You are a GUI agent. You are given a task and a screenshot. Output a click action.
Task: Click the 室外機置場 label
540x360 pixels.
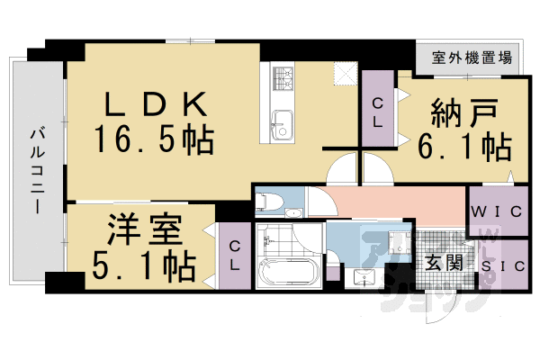coord(472,59)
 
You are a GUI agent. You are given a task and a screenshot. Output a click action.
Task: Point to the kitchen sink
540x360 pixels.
coord(282,123)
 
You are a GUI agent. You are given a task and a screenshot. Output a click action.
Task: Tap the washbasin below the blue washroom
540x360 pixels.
coord(364,274)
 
